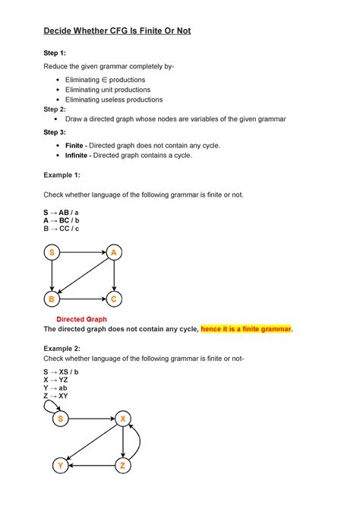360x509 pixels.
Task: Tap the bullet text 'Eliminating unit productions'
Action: click(114, 90)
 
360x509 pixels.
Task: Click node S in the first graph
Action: click(52, 253)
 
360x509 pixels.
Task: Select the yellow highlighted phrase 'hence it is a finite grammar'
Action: click(246, 329)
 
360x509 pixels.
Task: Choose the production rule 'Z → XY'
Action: click(55, 396)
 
